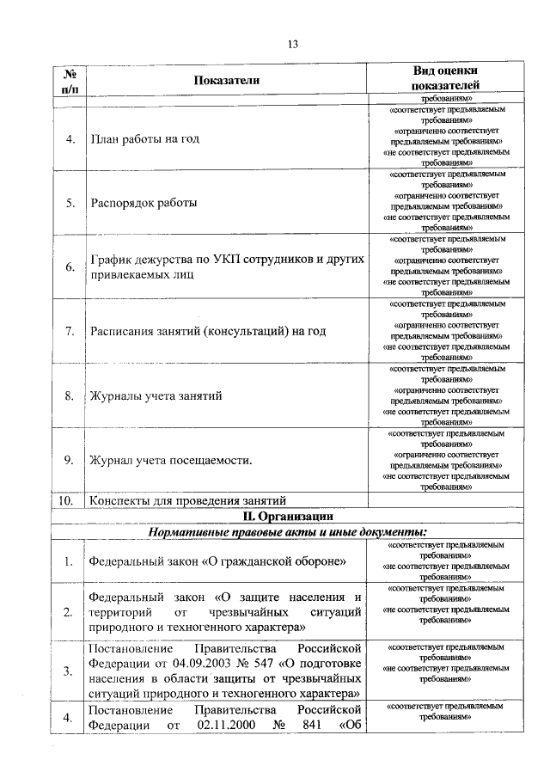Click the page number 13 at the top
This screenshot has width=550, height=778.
pyautogui.click(x=292, y=45)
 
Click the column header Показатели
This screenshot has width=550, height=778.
pyautogui.click(x=226, y=81)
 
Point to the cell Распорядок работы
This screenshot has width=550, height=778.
pyautogui.click(x=144, y=204)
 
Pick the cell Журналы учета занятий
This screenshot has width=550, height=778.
pyautogui.click(x=156, y=396)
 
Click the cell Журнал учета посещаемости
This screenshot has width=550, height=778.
pyautogui.click(x=171, y=461)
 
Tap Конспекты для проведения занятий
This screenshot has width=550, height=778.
pyautogui.click(x=186, y=500)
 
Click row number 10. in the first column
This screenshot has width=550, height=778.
pyautogui.click(x=68, y=500)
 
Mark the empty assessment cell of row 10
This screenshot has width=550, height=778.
pyautogui.click(x=445, y=500)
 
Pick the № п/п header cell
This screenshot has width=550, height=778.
pyautogui.click(x=68, y=80)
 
